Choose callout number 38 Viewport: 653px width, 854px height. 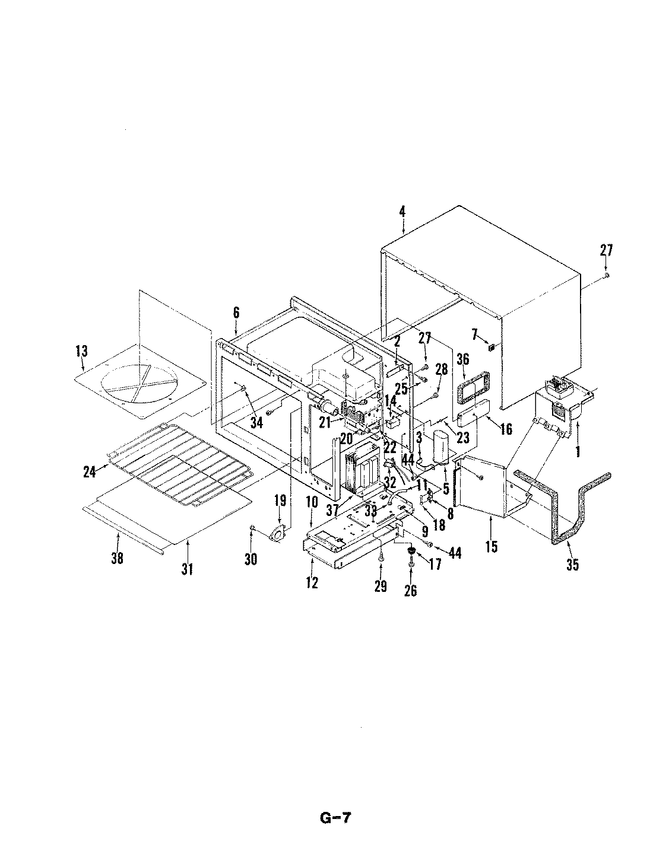(118, 557)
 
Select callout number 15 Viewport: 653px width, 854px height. (491, 545)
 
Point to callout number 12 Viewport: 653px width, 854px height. (312, 582)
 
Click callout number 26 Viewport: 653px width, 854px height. (410, 589)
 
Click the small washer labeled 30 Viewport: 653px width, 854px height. (253, 527)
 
